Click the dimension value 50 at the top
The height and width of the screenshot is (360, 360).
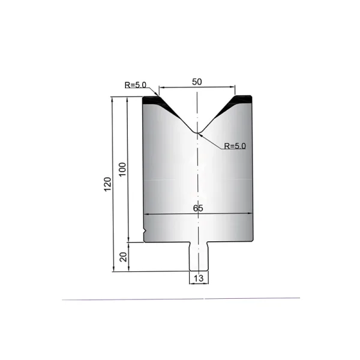pos(197,82)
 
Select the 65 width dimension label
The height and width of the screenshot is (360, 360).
pos(198,208)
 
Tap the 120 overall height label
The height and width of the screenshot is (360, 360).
pos(107,184)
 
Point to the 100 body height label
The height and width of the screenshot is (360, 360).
pos(122,169)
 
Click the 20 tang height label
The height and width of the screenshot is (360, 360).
pos(123,257)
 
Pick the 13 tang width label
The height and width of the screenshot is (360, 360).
pos(199,278)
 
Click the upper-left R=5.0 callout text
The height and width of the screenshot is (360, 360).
pos(136,85)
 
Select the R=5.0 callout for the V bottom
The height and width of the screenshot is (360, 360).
pos(235,146)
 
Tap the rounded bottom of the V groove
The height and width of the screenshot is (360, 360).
pos(197,133)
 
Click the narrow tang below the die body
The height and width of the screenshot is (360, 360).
pos(199,256)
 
